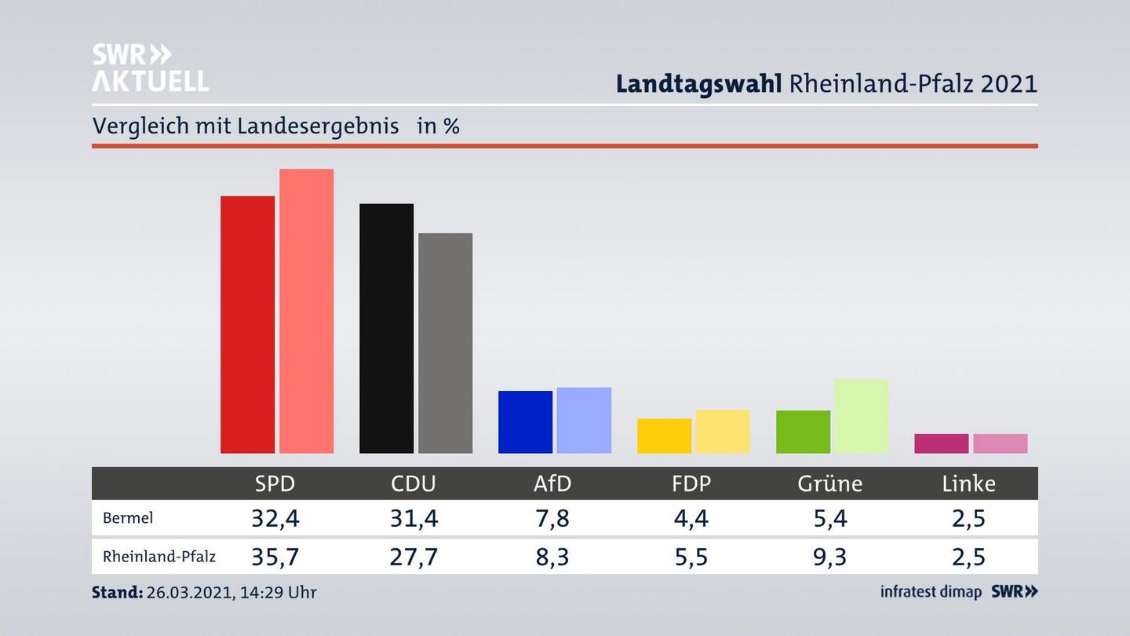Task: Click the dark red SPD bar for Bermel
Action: pos(247,324)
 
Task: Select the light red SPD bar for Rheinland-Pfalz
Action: pos(306,311)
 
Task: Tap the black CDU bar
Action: pos(386,328)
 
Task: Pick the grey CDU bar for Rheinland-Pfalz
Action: pos(445,343)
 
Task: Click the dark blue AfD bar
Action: pos(525,422)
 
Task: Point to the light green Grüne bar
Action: pos(861,416)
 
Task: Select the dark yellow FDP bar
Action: pos(664,436)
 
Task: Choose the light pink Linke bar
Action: pos(1000,444)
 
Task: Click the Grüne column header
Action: pos(829,484)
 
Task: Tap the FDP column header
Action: pos(691,484)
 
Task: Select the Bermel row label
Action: pos(128,518)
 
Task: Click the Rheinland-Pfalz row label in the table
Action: pos(159,557)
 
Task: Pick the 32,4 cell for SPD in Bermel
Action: pos(275,518)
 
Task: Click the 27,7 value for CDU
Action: pos(414,557)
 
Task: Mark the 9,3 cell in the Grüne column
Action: pos(829,557)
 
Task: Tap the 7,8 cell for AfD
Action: pos(552,518)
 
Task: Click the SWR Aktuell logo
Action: pos(150,68)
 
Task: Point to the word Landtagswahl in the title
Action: pos(698,83)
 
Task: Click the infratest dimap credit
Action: pos(931,592)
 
